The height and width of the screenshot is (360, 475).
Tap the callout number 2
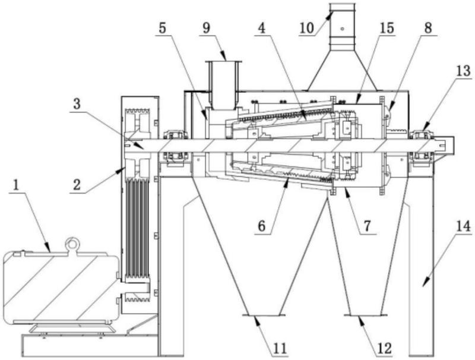(x=77, y=185)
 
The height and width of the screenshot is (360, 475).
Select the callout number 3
(x=77, y=104)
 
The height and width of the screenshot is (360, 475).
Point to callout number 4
(x=262, y=28)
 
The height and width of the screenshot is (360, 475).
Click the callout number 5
(x=162, y=28)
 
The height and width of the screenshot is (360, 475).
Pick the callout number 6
(x=262, y=226)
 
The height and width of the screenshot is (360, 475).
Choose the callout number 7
(x=367, y=226)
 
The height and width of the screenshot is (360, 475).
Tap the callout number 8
(x=427, y=28)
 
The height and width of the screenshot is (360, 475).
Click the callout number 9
(x=206, y=28)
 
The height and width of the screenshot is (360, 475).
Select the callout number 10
(x=306, y=28)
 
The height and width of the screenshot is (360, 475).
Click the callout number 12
(x=384, y=349)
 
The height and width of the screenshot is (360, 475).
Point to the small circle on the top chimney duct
(x=342, y=29)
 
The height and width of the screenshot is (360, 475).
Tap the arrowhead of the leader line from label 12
(x=360, y=319)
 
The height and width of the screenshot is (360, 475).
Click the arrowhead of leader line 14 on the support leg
(x=424, y=283)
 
